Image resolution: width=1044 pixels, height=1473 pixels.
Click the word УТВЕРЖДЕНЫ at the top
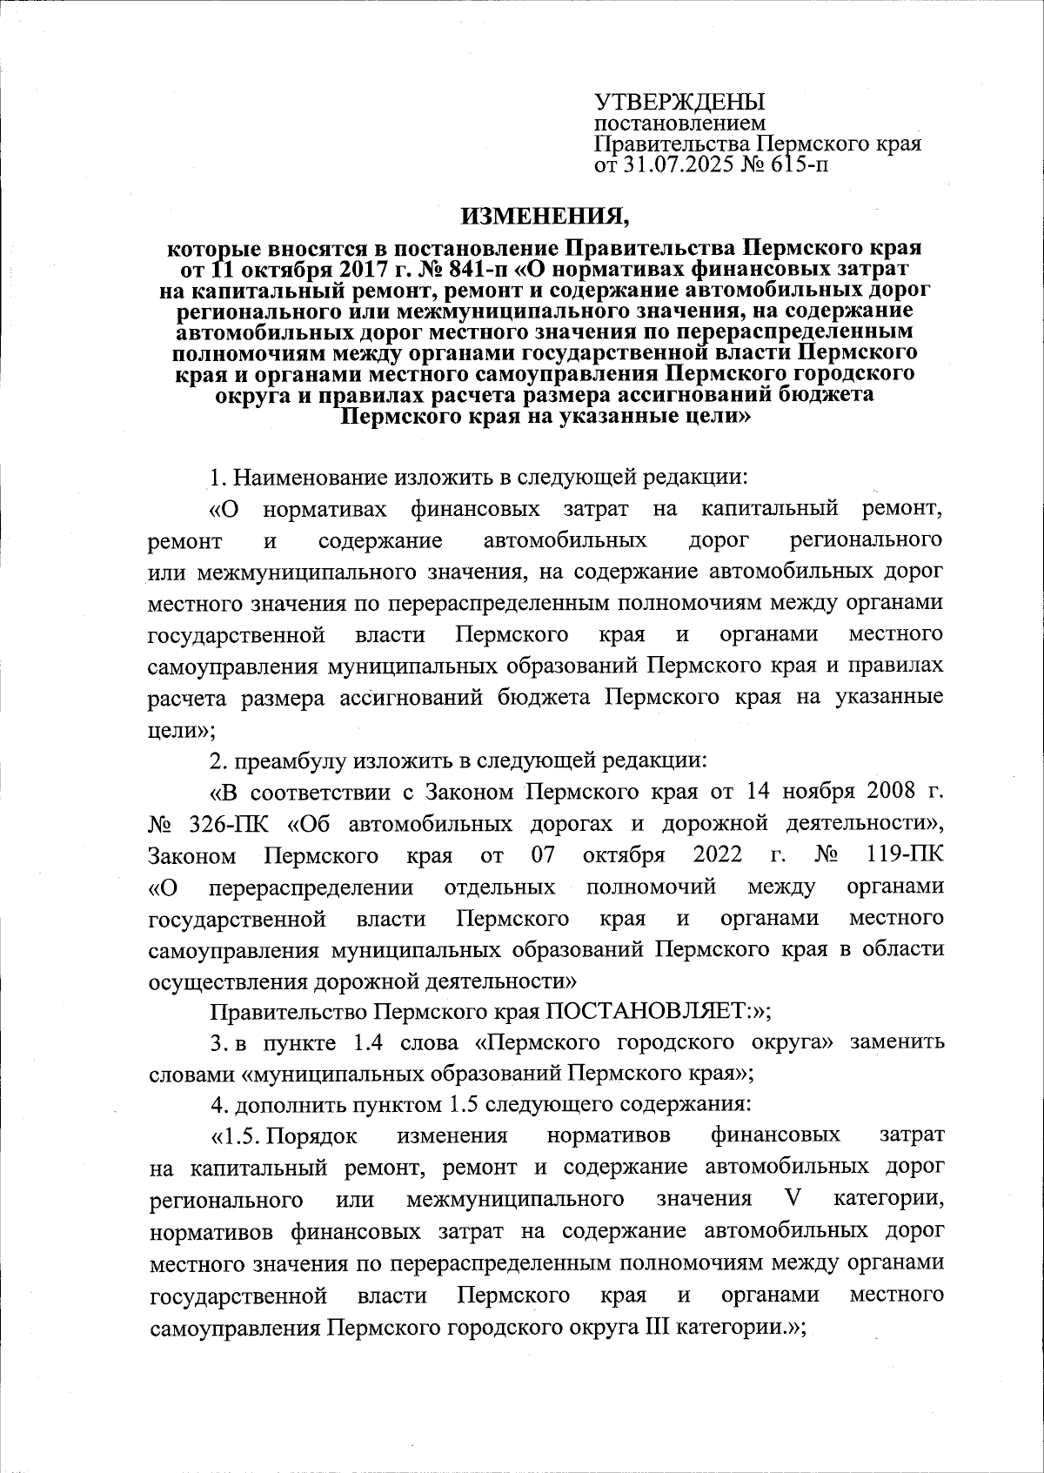click(x=666, y=101)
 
